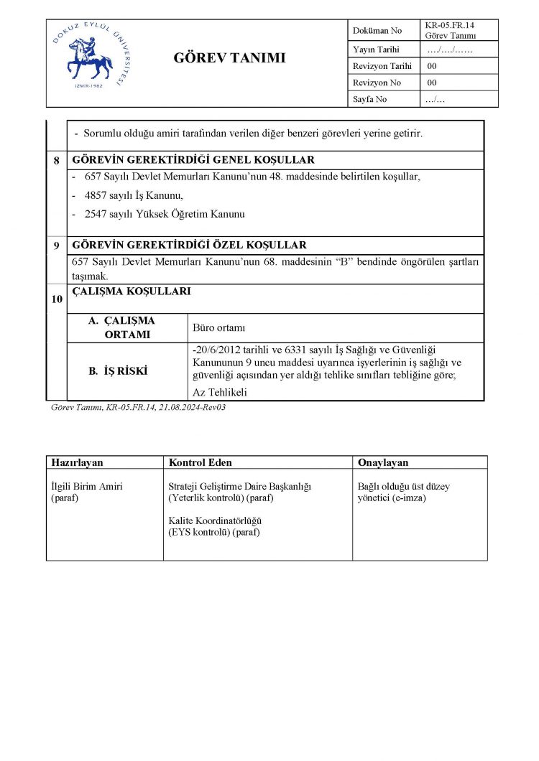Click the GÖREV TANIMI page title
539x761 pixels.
tap(229, 58)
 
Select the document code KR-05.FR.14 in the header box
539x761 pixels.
tap(450, 25)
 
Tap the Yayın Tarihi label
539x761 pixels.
tap(376, 50)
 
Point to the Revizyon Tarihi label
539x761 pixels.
tap(382, 66)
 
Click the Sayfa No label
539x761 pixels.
tap(370, 99)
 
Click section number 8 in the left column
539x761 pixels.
tap(56, 160)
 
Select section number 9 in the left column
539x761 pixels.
tap(56, 246)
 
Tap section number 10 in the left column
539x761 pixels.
tap(56, 299)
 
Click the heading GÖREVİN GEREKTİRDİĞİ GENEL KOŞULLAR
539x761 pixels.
tap(193, 160)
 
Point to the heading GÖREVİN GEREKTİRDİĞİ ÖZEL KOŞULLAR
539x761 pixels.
tap(190, 246)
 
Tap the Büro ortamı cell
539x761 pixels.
tap(219, 328)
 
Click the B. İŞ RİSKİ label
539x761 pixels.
tap(118, 371)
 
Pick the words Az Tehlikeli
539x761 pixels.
tap(220, 392)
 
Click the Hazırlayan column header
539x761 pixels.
tap(78, 462)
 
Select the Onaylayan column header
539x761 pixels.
tap(383, 462)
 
